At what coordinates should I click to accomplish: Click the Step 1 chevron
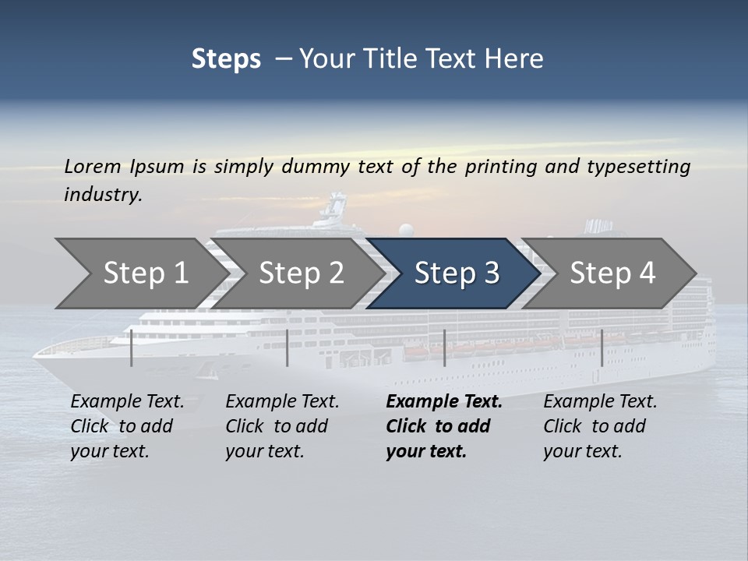click(140, 273)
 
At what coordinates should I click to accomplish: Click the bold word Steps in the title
click(226, 59)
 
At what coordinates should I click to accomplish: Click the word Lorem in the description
click(93, 166)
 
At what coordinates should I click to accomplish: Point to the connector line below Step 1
click(132, 348)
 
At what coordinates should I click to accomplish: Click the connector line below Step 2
click(288, 348)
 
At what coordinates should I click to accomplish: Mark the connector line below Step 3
click(444, 348)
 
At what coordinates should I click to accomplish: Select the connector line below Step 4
click(602, 348)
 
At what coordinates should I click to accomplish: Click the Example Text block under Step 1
click(127, 426)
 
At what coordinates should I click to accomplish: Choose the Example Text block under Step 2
click(282, 426)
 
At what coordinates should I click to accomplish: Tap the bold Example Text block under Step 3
click(443, 426)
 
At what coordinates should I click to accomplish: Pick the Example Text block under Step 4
click(600, 426)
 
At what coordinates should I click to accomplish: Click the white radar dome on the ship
click(406, 230)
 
